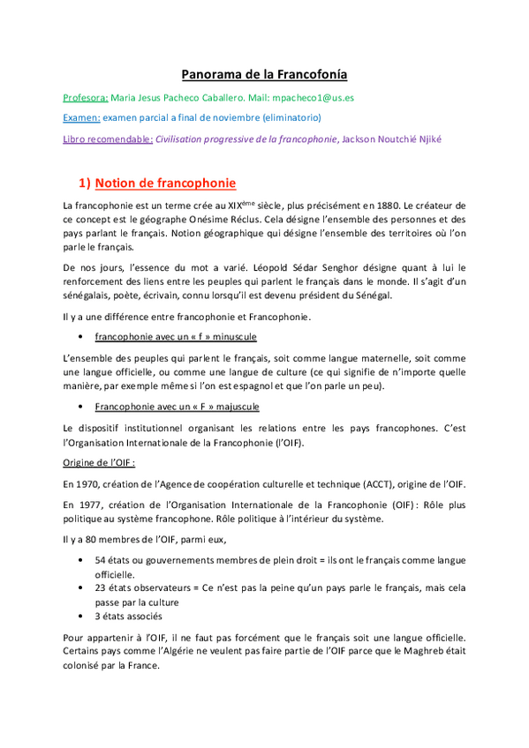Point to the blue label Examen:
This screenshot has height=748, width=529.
pyautogui.click(x=81, y=117)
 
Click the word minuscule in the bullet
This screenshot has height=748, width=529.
pyautogui.click(x=233, y=337)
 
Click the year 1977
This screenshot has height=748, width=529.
pyautogui.click(x=78, y=504)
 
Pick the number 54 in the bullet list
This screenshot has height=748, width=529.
pyautogui.click(x=101, y=560)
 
